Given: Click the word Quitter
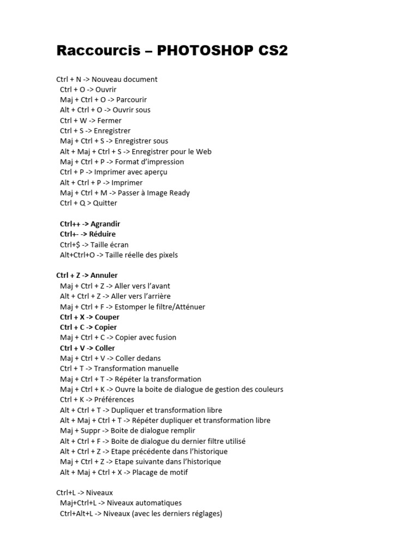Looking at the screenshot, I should click(105, 203).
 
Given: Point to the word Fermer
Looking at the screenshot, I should click(110, 120).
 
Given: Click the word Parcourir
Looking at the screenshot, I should click(131, 99).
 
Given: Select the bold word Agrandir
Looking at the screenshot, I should click(105, 224).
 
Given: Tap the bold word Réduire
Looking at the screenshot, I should click(103, 234).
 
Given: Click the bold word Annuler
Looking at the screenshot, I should click(104, 275).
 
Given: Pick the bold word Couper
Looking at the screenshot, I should click(107, 317).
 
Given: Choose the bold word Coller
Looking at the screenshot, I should click(105, 348).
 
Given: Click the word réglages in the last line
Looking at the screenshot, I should click(204, 513).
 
